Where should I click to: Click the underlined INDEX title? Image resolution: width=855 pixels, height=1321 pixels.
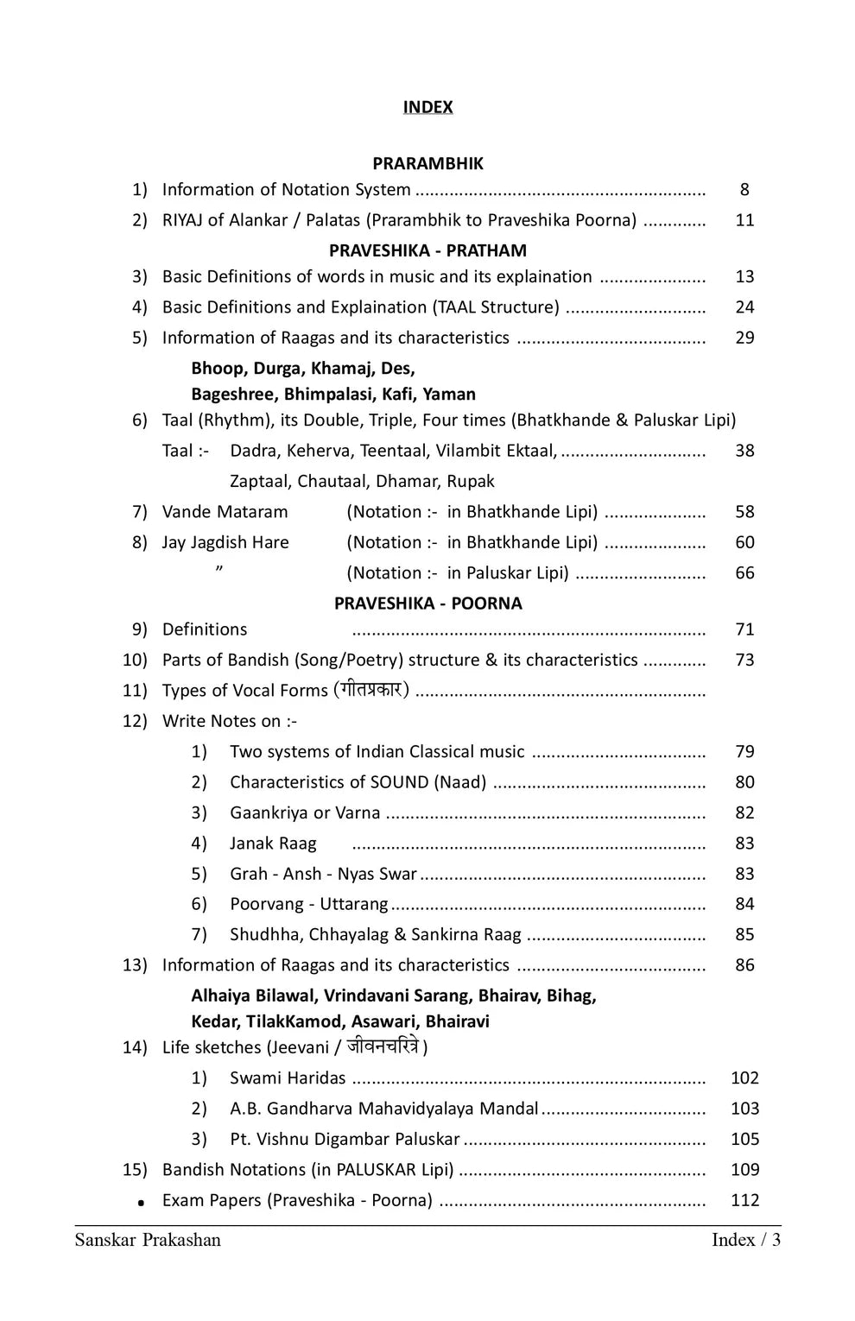[x=427, y=107]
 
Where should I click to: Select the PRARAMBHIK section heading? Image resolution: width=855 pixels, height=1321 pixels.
[x=427, y=163]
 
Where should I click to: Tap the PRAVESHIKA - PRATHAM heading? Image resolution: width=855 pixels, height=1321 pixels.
[x=427, y=250]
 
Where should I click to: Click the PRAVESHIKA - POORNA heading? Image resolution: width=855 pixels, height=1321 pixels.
[x=427, y=604]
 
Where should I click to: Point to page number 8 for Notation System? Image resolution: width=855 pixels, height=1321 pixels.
[x=744, y=190]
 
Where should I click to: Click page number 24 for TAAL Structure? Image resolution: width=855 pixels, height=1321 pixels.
[x=744, y=307]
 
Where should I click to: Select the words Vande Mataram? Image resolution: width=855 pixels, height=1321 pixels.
[x=225, y=512]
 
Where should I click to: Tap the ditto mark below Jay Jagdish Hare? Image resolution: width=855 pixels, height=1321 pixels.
[x=220, y=568]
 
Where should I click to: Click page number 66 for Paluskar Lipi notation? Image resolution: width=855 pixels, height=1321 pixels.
[x=744, y=573]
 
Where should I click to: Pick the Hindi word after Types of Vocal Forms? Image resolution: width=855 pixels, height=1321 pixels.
[x=371, y=690]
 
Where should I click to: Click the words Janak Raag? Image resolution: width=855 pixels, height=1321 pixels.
[x=273, y=844]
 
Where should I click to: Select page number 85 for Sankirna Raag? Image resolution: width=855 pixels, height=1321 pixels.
[x=744, y=935]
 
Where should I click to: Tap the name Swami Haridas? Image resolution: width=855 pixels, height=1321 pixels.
[x=288, y=1078]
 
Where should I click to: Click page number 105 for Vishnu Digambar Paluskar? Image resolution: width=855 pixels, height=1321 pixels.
[x=744, y=1140]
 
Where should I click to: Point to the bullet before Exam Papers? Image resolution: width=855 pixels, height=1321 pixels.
[x=140, y=1202]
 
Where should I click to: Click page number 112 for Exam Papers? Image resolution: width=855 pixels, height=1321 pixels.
[x=744, y=1200]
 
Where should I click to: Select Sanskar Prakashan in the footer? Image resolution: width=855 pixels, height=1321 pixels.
[x=148, y=1241]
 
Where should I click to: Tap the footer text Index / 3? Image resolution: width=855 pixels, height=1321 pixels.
[x=746, y=1241]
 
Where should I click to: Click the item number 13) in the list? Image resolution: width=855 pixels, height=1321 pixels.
[x=135, y=965]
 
